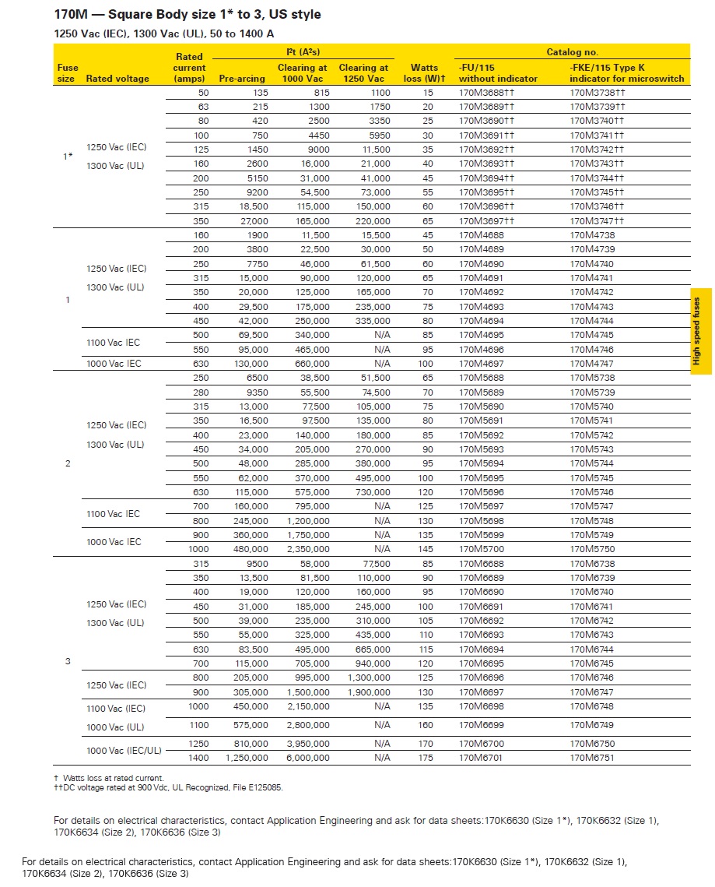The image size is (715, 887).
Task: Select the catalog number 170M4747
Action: tap(591, 364)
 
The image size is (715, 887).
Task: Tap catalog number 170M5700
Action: tap(480, 549)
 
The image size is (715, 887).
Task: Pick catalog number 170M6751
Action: tap(591, 758)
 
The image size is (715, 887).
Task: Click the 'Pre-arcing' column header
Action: tap(243, 79)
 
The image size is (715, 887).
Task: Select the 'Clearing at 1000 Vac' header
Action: tap(303, 73)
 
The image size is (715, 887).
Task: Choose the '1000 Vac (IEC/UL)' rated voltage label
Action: tap(124, 751)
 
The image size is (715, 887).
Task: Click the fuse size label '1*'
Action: tap(68, 157)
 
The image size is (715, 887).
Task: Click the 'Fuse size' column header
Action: tap(67, 73)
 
